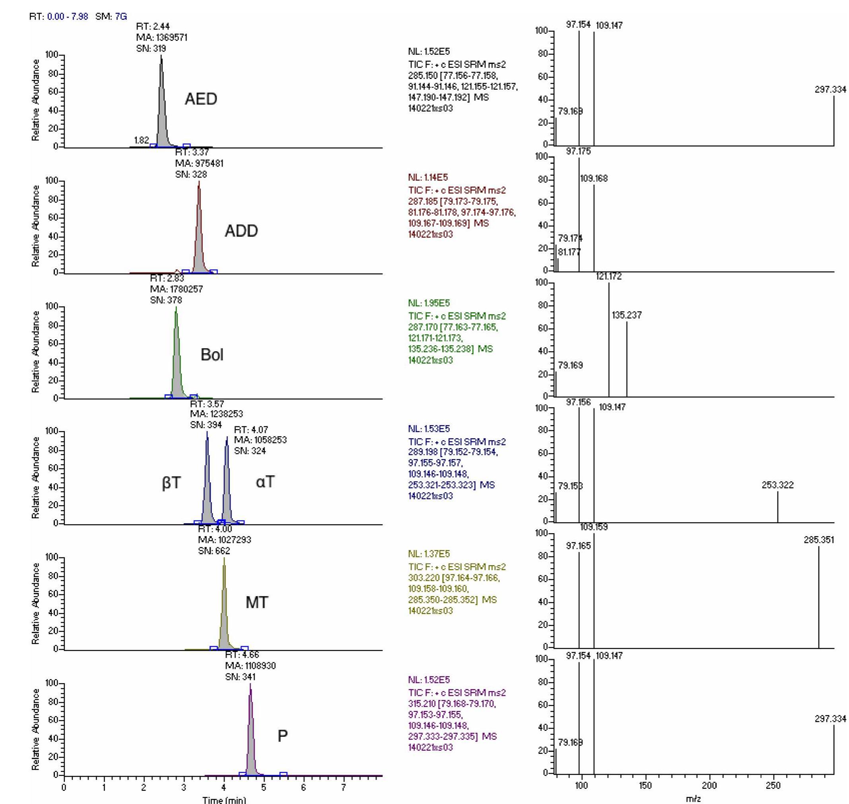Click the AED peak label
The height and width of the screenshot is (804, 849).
pyautogui.click(x=201, y=99)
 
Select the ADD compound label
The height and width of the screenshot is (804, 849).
pyautogui.click(x=241, y=231)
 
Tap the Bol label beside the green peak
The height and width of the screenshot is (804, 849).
pyautogui.click(x=212, y=355)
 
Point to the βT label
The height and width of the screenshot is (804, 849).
pyautogui.click(x=171, y=483)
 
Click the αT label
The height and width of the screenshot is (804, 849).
pyautogui.click(x=265, y=482)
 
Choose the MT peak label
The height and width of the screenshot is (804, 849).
pyautogui.click(x=256, y=603)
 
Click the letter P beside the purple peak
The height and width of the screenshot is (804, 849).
pyautogui.click(x=282, y=736)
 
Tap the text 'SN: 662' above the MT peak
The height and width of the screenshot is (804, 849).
pyautogui.click(x=214, y=551)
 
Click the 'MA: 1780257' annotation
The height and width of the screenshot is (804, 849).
pyautogui.click(x=176, y=289)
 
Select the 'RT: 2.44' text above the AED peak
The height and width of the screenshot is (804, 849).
pyautogui.click(x=153, y=27)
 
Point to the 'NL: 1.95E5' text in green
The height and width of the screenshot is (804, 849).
pyautogui.click(x=429, y=303)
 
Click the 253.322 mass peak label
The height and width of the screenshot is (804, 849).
pyautogui.click(x=777, y=485)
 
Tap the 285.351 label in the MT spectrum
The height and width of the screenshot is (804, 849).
pyautogui.click(x=818, y=540)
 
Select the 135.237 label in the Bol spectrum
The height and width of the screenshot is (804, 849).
pyautogui.click(x=626, y=315)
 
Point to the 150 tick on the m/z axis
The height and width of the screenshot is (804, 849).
pyautogui.click(x=645, y=786)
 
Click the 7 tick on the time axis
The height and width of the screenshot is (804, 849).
pyautogui.click(x=343, y=787)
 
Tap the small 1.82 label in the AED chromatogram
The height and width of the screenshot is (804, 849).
pyautogui.click(x=141, y=140)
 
